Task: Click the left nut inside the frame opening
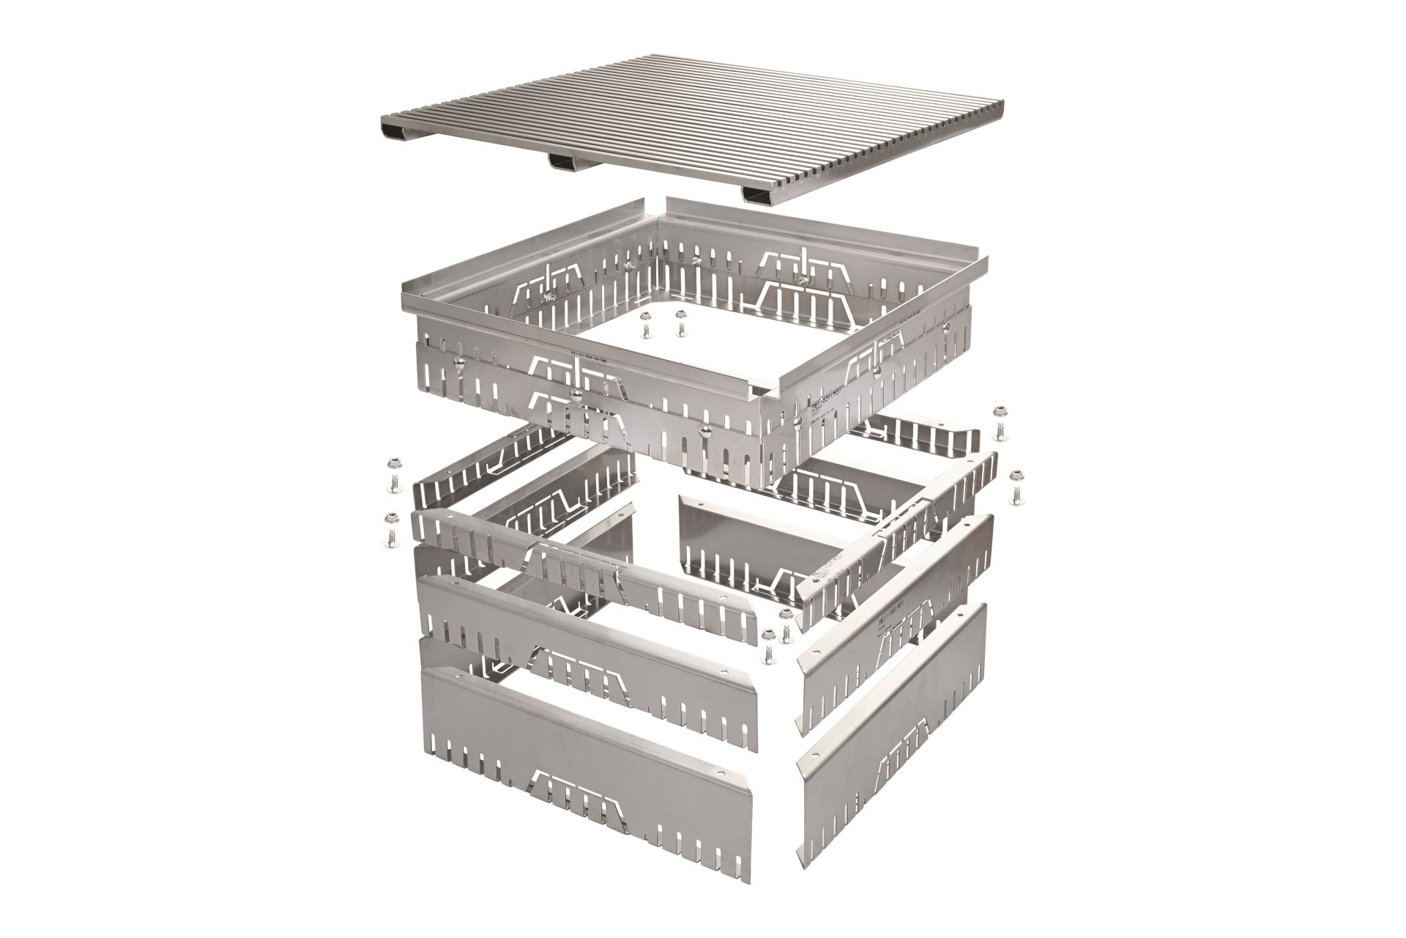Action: click(645, 317)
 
